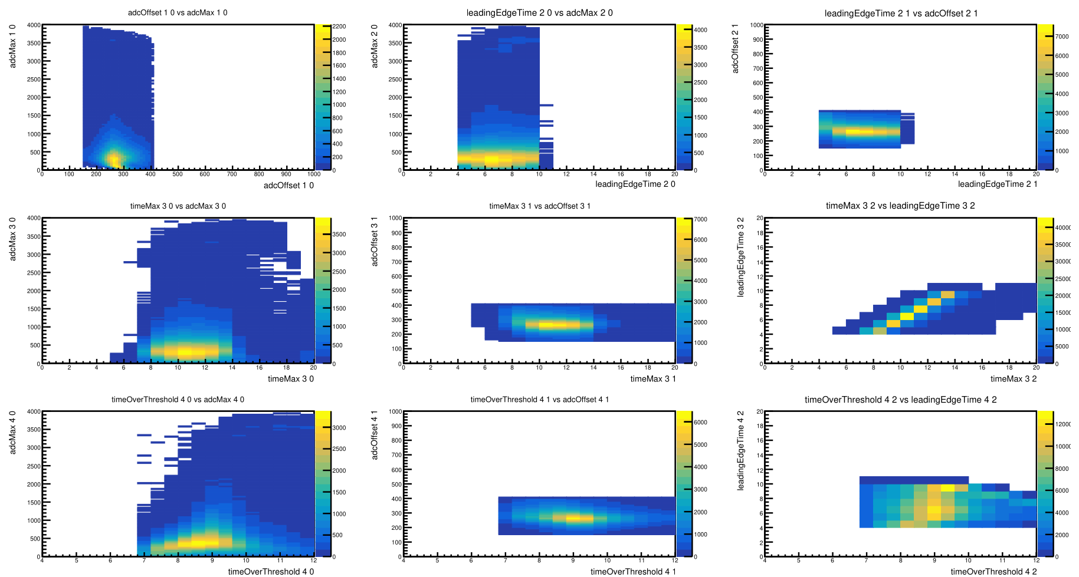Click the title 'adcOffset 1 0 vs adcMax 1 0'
(x=178, y=12)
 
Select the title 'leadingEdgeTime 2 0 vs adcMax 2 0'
(x=539, y=12)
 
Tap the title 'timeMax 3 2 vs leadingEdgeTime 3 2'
(x=900, y=206)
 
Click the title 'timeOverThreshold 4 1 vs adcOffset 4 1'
(x=539, y=400)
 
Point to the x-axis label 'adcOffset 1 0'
(x=288, y=186)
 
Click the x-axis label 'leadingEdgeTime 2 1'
(x=998, y=184)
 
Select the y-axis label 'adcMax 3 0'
(x=13, y=239)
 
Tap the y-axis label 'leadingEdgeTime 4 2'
(x=740, y=450)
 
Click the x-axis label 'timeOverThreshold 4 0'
(x=271, y=572)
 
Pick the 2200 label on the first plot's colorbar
(x=339, y=27)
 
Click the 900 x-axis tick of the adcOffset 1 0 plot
(x=286, y=174)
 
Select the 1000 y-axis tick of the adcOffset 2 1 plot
(x=756, y=25)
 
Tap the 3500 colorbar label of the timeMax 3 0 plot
(x=339, y=235)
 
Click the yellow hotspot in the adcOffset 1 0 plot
(x=114, y=159)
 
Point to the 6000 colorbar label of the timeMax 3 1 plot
(x=700, y=240)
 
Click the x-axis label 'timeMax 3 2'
(x=1013, y=379)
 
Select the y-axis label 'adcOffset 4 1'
(x=374, y=435)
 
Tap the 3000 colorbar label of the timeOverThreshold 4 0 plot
(x=339, y=428)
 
